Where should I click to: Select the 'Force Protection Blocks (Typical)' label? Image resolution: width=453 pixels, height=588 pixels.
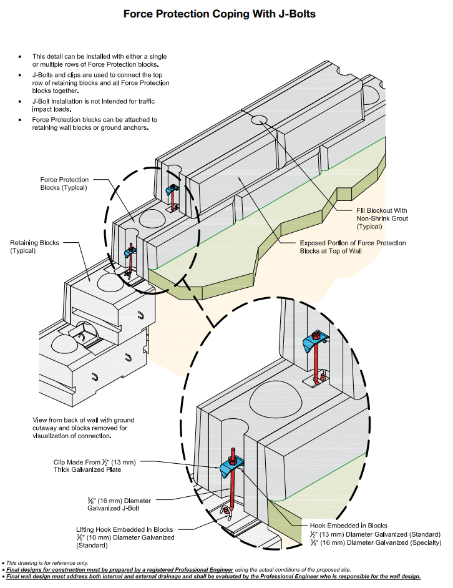click(x=64, y=184)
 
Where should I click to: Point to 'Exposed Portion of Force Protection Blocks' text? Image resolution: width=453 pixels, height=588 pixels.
click(x=353, y=247)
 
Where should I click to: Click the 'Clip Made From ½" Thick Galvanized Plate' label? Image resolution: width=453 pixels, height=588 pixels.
click(x=94, y=465)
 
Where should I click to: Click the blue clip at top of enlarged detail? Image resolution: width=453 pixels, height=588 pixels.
click(x=314, y=342)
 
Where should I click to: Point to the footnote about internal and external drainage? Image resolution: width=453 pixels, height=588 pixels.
click(x=212, y=576)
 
